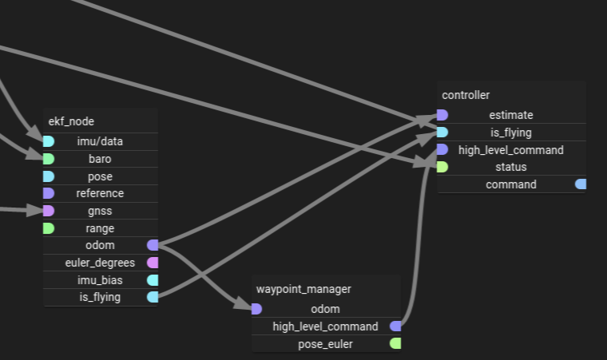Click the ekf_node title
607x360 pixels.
coord(71,121)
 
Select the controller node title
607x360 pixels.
coord(466,95)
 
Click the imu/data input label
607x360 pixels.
coord(100,141)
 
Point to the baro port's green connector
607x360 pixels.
coord(48,159)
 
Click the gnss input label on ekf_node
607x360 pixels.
coord(100,211)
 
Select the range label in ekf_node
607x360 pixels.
coord(100,228)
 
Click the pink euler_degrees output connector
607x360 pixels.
coord(153,263)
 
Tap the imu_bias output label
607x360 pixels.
coord(100,280)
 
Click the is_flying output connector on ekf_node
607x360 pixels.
coord(153,297)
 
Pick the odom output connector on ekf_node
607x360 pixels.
coord(153,245)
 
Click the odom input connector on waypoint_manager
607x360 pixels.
coord(256,309)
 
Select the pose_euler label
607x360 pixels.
coord(325,344)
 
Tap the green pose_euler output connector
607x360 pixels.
coord(395,343)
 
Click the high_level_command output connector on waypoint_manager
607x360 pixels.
coord(395,326)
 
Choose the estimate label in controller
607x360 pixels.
coord(511,115)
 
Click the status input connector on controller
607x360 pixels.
coord(442,167)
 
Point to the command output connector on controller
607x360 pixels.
coord(581,184)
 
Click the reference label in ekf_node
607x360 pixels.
coord(100,193)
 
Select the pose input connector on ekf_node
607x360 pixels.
coord(48,176)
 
